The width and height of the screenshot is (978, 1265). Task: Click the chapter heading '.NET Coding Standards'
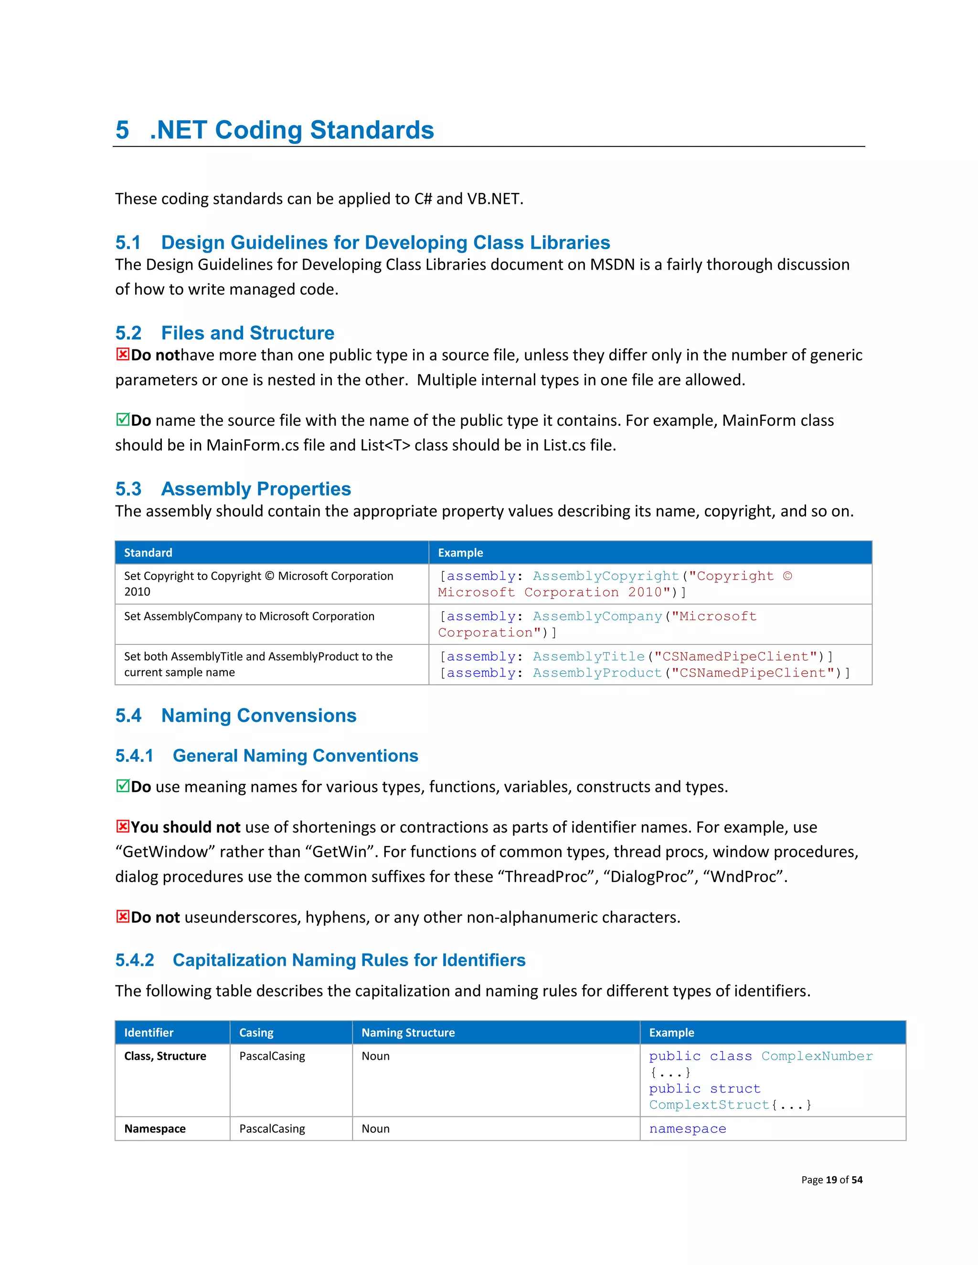pyautogui.click(x=291, y=130)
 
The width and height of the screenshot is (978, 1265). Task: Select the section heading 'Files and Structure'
pyautogui.click(x=247, y=333)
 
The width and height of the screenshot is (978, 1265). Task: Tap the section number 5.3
pyautogui.click(x=128, y=489)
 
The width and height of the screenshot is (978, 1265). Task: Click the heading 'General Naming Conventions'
pyautogui.click(x=295, y=756)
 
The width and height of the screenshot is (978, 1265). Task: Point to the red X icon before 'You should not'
pyautogui.click(x=122, y=826)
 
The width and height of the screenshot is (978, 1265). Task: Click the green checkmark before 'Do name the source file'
pyautogui.click(x=122, y=419)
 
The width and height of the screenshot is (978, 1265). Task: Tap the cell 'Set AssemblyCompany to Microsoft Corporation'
pyautogui.click(x=249, y=616)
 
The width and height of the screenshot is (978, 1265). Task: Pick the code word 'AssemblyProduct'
pyautogui.click(x=597, y=673)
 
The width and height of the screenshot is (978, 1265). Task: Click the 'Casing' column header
pyautogui.click(x=256, y=1033)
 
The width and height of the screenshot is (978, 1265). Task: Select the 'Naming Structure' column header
pyautogui.click(x=408, y=1033)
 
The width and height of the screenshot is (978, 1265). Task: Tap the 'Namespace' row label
pyautogui.click(x=155, y=1129)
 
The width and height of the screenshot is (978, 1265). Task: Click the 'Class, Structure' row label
pyautogui.click(x=165, y=1056)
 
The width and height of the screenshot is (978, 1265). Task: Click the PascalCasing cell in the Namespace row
pyautogui.click(x=272, y=1129)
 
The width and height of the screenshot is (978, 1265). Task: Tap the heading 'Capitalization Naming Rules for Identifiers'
pyautogui.click(x=349, y=960)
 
